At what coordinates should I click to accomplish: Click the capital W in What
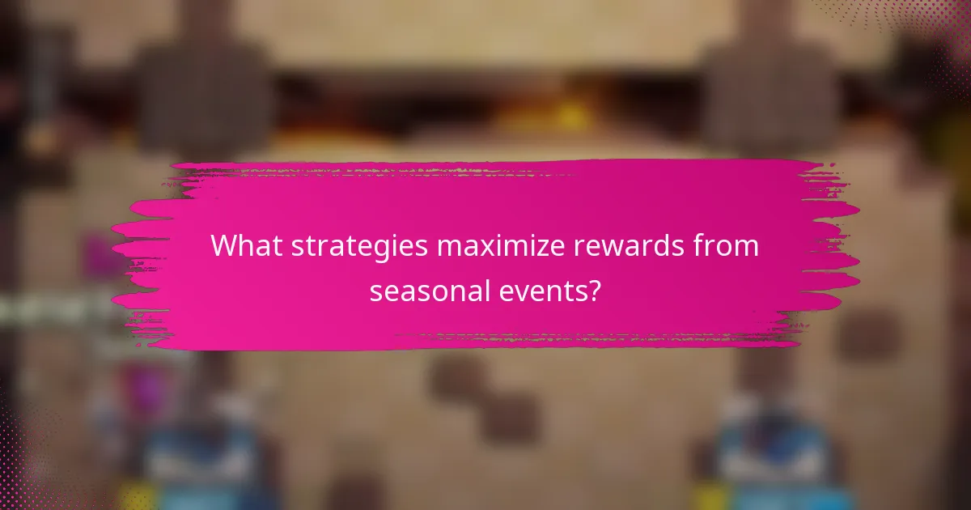(x=224, y=246)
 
